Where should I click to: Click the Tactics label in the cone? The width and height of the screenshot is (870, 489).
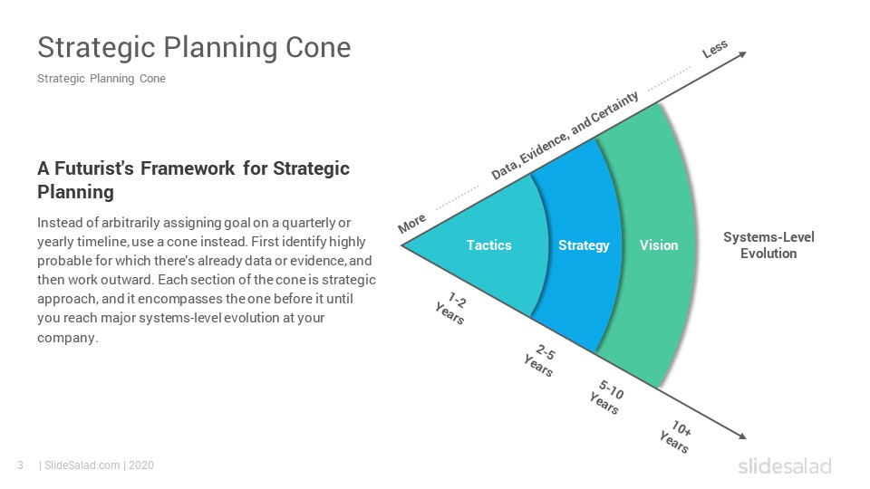point(488,245)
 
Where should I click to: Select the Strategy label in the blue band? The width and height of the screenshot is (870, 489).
point(584,245)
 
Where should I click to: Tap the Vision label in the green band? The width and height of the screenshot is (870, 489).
point(659,245)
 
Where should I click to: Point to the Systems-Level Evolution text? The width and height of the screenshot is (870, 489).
point(768,245)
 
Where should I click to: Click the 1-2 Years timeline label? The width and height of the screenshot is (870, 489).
point(451,308)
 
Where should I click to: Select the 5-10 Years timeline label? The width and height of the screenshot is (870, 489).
point(607,397)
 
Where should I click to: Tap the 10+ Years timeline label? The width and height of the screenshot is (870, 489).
point(676,436)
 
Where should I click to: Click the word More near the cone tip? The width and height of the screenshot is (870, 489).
point(412,224)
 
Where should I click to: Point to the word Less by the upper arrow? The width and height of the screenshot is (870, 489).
point(715,49)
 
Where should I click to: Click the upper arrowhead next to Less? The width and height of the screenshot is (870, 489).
point(742,54)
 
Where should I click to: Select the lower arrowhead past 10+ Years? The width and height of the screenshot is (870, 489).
point(742,436)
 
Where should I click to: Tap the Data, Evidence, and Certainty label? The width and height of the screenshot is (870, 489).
point(565,136)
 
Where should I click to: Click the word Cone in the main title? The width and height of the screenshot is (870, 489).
point(318,47)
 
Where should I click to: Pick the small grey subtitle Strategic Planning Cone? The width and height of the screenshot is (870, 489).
point(101,79)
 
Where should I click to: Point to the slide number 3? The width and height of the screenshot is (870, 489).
point(21,465)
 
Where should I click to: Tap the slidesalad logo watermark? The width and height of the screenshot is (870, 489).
point(785,466)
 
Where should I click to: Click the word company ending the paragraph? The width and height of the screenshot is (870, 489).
point(67,338)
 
